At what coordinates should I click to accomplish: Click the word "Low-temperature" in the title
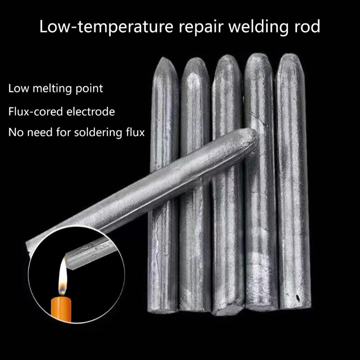click(106, 27)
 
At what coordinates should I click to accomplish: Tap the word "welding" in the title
click(258, 27)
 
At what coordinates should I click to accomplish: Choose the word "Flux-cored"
click(36, 112)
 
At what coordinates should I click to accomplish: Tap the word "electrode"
click(91, 112)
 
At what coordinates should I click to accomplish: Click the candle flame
click(63, 277)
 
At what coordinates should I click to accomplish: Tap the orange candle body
click(61, 308)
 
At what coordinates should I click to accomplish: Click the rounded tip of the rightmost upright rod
click(290, 54)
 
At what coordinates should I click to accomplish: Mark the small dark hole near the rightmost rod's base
click(298, 298)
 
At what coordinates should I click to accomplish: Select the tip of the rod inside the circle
click(67, 259)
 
